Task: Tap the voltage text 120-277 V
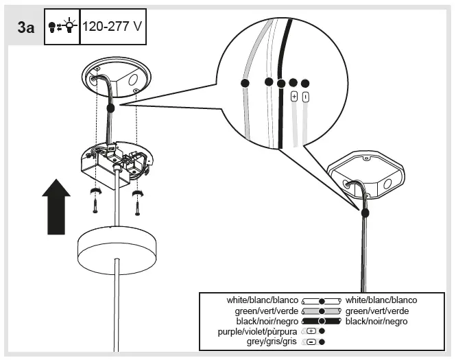[x=112, y=27]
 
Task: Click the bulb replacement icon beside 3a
[x=62, y=27]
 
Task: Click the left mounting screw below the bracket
[x=95, y=202]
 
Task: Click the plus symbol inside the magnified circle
[x=294, y=97]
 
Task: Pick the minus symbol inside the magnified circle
[x=306, y=97]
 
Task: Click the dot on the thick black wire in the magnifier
[x=281, y=83]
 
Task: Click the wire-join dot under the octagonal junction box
[x=364, y=213]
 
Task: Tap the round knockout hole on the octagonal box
[x=387, y=184]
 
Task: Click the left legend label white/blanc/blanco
[x=263, y=300]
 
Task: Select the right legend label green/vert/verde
[x=376, y=311]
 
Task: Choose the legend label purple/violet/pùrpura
[x=255, y=331]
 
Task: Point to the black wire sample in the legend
[x=321, y=321]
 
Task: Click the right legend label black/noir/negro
[x=376, y=321]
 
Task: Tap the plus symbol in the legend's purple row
[x=311, y=331]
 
